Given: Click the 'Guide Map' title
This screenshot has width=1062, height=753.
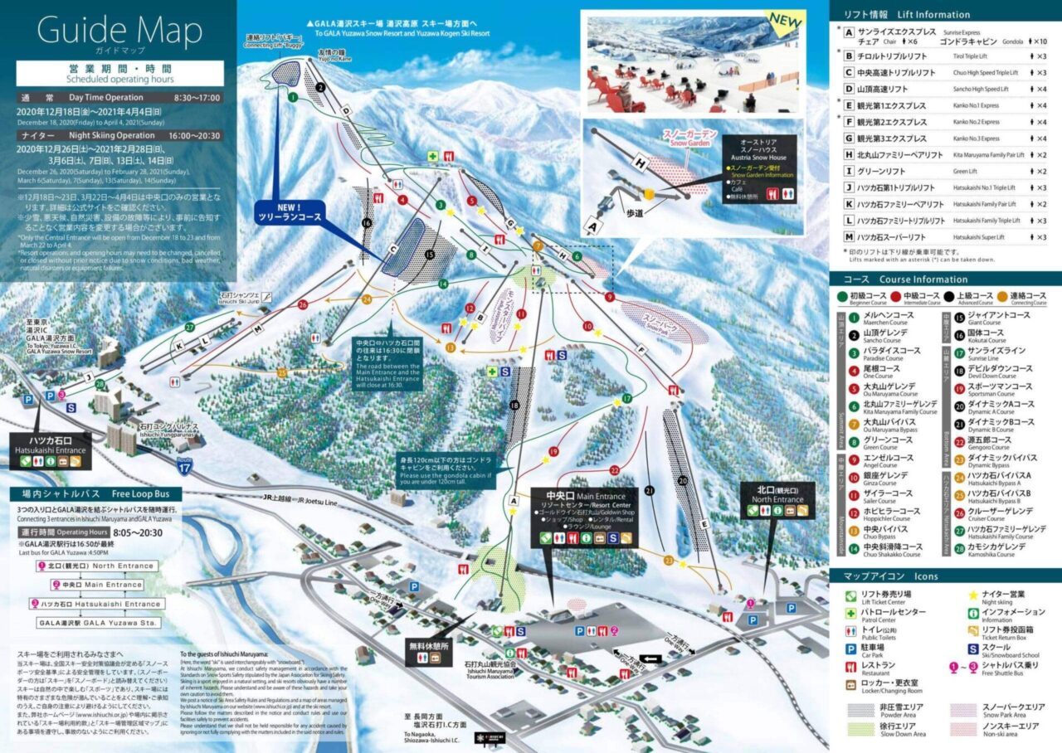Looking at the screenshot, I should tap(119, 31).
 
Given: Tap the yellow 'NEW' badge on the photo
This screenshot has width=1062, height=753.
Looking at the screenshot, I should tap(784, 19).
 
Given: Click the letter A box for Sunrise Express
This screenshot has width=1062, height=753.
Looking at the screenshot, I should tap(849, 32).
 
